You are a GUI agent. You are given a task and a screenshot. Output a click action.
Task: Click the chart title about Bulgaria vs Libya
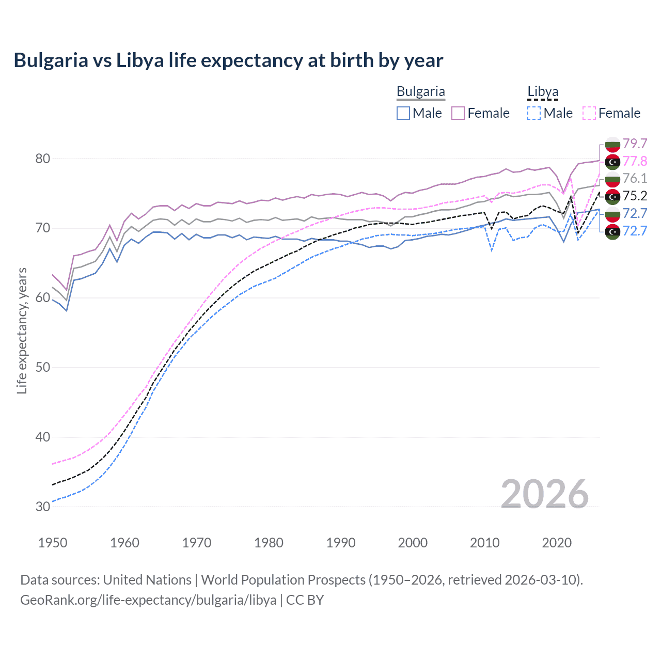[x=228, y=60]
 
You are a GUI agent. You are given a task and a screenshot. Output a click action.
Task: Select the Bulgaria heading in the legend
[x=420, y=91]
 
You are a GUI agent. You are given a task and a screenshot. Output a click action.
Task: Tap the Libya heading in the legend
[x=543, y=91]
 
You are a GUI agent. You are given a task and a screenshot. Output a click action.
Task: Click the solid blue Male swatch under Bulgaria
[x=403, y=113]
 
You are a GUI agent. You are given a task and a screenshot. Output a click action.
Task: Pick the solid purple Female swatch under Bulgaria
[x=458, y=113]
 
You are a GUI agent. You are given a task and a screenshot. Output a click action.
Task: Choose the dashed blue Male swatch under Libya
[x=534, y=113]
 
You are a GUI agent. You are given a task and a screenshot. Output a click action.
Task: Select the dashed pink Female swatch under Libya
[x=589, y=113]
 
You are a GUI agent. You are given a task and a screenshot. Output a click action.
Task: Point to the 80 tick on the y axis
[x=43, y=159]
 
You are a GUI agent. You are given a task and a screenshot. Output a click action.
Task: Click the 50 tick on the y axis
[x=43, y=368]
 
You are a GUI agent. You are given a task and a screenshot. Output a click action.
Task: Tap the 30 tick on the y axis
[x=43, y=507]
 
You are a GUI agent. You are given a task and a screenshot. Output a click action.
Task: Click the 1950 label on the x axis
[x=53, y=543]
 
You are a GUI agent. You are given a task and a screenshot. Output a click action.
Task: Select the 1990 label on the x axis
[x=341, y=543]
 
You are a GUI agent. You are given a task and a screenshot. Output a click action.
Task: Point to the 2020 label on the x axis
[x=557, y=543]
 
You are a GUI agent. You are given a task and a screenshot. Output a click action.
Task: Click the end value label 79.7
[x=635, y=144]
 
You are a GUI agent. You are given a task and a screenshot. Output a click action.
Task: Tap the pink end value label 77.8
[x=635, y=161]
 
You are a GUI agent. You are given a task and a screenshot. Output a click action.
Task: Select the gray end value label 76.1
[x=635, y=179]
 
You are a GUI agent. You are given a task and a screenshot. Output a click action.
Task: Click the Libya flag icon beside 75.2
[x=612, y=196]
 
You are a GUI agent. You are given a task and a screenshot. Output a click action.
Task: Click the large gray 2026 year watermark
[x=545, y=494]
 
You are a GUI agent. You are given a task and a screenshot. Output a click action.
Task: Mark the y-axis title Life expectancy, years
[x=22, y=330]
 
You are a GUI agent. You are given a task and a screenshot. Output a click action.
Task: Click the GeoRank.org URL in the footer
[x=148, y=600]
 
